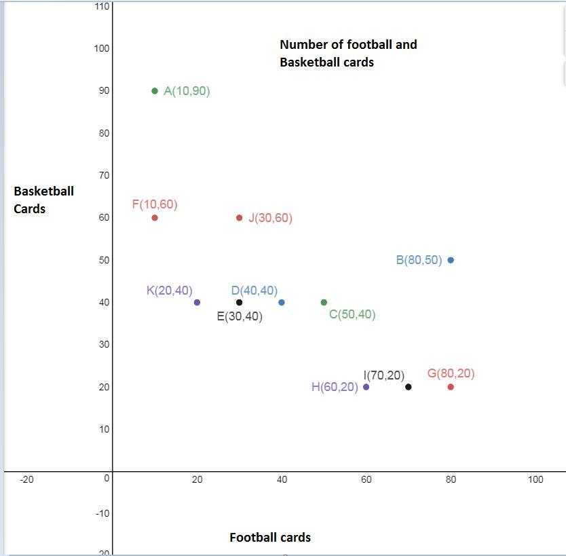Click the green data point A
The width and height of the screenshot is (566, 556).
point(155,91)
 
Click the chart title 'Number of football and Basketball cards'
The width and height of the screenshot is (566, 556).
point(348,53)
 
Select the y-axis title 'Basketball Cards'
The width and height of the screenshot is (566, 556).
point(43,200)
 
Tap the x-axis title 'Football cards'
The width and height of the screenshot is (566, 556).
point(270,538)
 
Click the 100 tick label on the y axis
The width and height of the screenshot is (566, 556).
point(102,48)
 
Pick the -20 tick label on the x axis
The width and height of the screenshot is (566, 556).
point(26,479)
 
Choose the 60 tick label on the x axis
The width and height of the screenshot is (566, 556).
point(366,479)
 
